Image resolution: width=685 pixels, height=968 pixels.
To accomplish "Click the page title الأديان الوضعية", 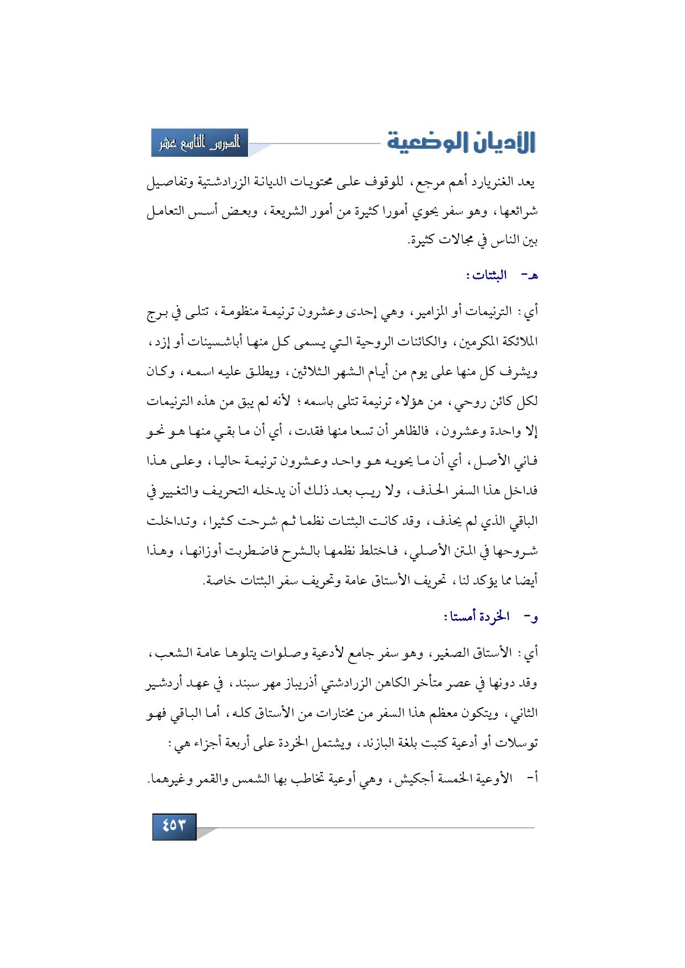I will tap(461, 142).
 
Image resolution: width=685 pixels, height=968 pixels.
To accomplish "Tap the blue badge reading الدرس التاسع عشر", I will tap(200, 143).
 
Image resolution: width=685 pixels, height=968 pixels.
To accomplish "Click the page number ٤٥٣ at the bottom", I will tap(174, 826).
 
